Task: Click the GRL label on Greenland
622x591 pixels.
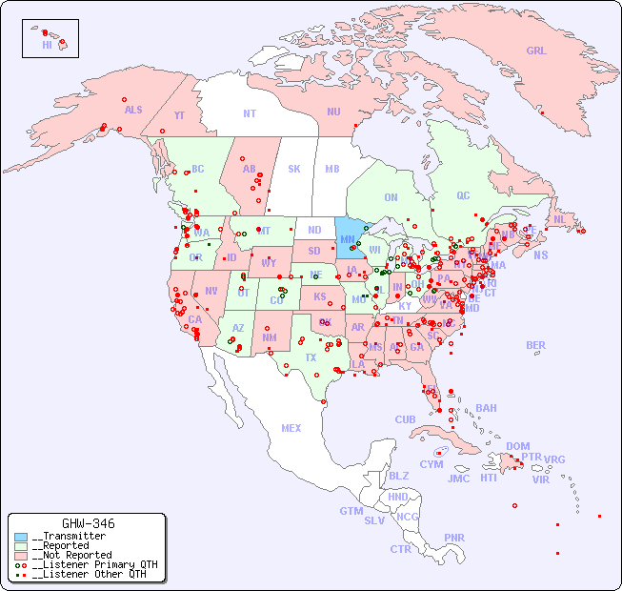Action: (x=536, y=51)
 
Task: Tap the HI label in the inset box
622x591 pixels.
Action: (x=47, y=44)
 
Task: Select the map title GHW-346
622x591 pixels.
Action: (x=88, y=523)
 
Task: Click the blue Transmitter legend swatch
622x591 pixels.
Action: (x=21, y=537)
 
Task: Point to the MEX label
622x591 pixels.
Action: (x=291, y=428)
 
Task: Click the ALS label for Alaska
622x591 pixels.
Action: (x=133, y=110)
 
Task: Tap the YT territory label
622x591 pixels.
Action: (x=179, y=114)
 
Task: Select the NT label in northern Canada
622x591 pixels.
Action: (x=250, y=113)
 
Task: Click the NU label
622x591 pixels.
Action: (x=333, y=112)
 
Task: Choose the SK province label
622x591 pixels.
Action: (x=294, y=169)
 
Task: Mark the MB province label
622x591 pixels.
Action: (x=332, y=169)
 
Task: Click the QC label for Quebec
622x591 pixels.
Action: (x=463, y=195)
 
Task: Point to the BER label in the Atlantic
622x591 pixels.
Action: (x=535, y=345)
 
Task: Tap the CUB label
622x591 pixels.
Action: (x=405, y=419)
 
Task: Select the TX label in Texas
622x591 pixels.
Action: (x=311, y=357)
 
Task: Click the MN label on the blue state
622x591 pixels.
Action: (x=348, y=239)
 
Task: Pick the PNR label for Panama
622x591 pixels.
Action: (x=454, y=538)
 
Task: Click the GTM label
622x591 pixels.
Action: (x=351, y=511)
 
